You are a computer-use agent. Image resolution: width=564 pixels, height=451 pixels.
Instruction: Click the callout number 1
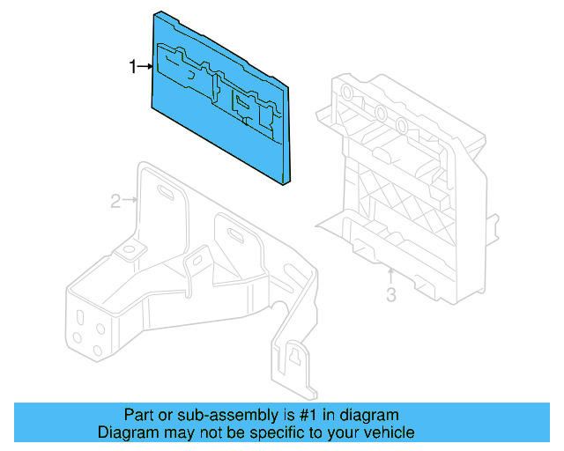pyautogui.click(x=133, y=66)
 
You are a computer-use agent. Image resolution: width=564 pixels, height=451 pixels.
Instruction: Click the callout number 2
pyautogui.click(x=115, y=202)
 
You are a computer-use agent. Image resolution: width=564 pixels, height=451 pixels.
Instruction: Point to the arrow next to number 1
pyautogui.click(x=145, y=66)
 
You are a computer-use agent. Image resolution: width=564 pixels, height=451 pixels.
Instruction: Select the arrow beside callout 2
pyautogui.click(x=128, y=201)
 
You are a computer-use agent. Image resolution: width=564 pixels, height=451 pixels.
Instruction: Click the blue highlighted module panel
pyautogui.click(x=220, y=101)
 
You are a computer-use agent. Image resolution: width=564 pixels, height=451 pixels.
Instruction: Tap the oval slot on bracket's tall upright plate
pyautogui.click(x=165, y=196)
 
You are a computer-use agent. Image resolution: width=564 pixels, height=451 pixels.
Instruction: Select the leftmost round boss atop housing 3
pyautogui.click(x=346, y=94)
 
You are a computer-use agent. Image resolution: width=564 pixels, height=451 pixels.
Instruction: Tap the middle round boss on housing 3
pyautogui.click(x=378, y=113)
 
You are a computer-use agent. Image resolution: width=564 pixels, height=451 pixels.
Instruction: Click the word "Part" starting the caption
pyautogui.click(x=139, y=415)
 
